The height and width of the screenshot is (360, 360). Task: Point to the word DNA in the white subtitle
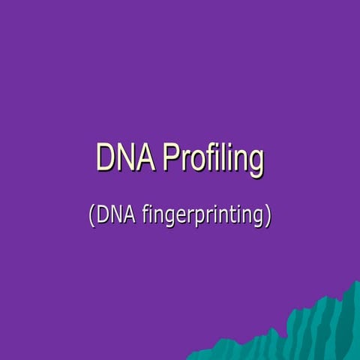tap(112, 215)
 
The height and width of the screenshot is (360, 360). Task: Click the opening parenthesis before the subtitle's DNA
tap(91, 217)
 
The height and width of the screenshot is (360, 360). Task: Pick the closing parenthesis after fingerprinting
tap(267, 217)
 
